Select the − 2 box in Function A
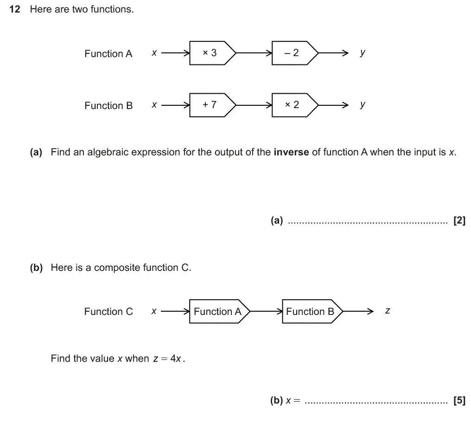coord(293,53)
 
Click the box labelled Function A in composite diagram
coord(218,312)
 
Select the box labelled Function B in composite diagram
coord(310,312)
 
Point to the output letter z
coord(388,311)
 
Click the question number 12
coord(15,9)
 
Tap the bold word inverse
coord(291,152)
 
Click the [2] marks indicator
coord(459,221)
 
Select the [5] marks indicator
coord(459,401)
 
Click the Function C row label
coord(108,312)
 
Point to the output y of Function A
coord(363,53)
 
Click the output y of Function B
coord(363,105)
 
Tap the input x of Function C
coord(154,311)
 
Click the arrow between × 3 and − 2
coord(254,53)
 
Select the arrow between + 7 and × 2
coord(254,105)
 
